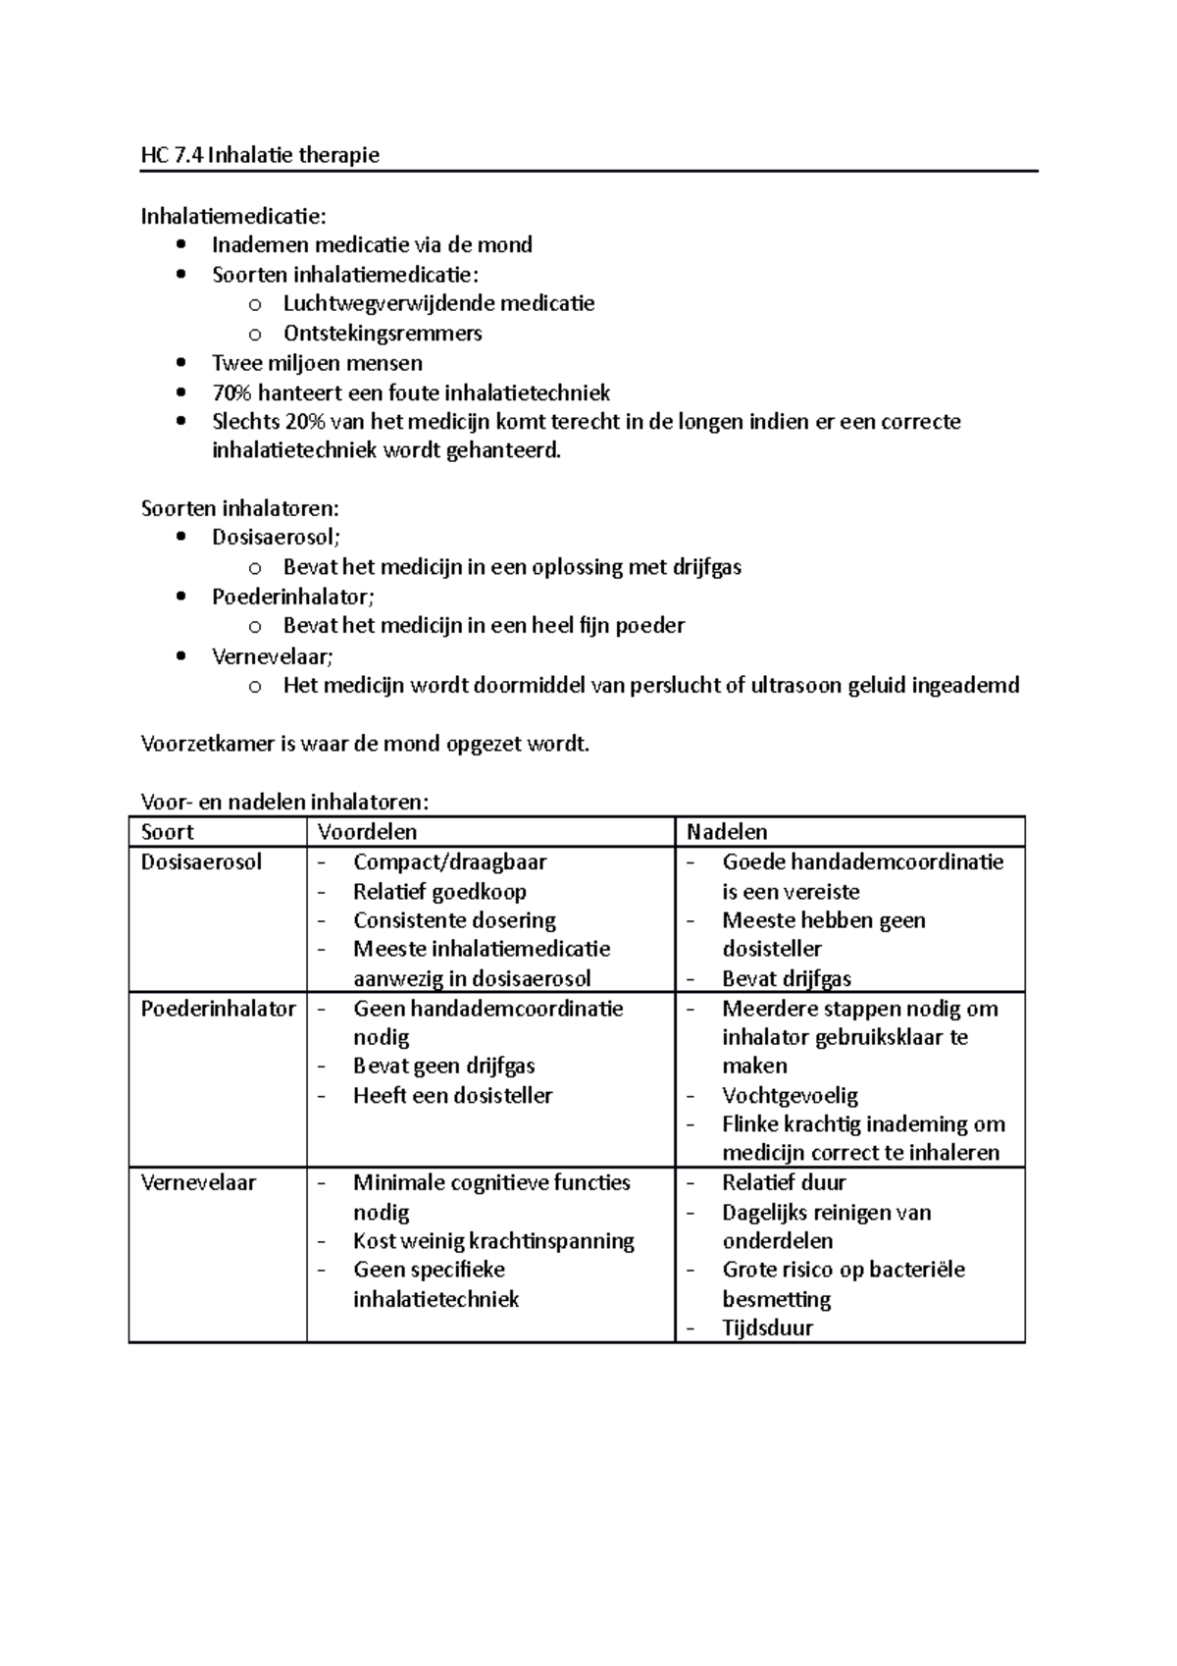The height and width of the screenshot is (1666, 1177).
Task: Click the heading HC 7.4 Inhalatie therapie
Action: pyautogui.click(x=260, y=155)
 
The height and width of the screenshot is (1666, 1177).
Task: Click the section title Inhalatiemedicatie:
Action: pyautogui.click(x=234, y=215)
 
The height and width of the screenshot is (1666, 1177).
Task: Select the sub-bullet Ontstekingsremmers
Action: pyautogui.click(x=383, y=334)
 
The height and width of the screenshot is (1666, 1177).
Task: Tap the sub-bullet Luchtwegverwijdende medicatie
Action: pyautogui.click(x=438, y=303)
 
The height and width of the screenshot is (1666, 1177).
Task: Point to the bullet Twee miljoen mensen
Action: pyautogui.click(x=317, y=363)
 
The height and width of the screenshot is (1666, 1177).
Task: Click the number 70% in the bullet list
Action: pyautogui.click(x=231, y=393)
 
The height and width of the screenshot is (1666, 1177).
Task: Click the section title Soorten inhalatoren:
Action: pyautogui.click(x=240, y=508)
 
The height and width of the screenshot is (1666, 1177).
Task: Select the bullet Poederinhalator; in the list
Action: pyautogui.click(x=292, y=597)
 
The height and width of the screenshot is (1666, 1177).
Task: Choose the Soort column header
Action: pyautogui.click(x=168, y=832)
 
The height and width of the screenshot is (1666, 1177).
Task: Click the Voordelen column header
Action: pyautogui.click(x=367, y=832)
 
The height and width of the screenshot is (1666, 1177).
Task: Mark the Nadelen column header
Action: pyautogui.click(x=727, y=832)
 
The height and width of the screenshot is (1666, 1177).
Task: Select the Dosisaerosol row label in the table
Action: pyautogui.click(x=201, y=861)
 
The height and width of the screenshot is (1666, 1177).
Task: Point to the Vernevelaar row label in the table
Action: pyautogui.click(x=198, y=1182)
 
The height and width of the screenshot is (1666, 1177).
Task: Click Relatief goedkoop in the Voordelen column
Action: pyautogui.click(x=439, y=892)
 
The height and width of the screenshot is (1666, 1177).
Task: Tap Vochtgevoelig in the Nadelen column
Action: pyautogui.click(x=790, y=1095)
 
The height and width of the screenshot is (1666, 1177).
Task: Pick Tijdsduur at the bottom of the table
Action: pyautogui.click(x=767, y=1328)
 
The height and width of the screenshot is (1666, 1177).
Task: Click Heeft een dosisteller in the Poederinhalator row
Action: pyautogui.click(x=452, y=1095)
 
